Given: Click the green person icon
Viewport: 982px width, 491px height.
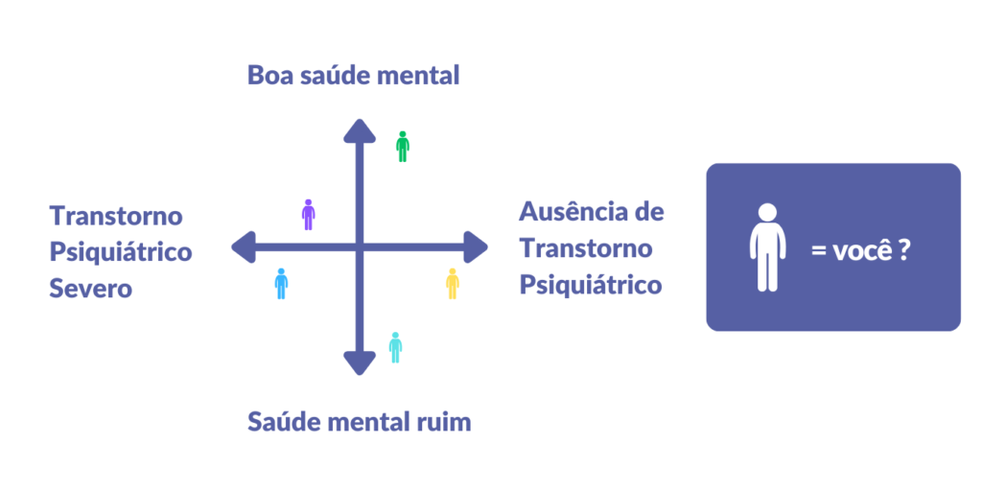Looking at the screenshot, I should coord(403,147).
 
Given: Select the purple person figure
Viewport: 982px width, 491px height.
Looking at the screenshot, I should coord(308,215).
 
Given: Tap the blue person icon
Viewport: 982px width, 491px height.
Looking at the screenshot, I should coord(281,284).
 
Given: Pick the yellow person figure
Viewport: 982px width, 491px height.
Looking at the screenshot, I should coord(453,284).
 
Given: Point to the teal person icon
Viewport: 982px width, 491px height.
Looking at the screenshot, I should coord(395,347).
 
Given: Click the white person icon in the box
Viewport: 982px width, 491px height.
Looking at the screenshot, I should coord(767,247).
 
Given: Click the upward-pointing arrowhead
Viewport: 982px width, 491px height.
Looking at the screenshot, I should coord(359,131).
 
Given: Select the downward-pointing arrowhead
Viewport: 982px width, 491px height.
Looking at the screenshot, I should coord(359,362).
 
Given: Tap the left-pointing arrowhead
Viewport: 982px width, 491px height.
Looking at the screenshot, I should coord(244,247).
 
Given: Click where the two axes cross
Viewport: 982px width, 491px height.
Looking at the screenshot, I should coord(359,247).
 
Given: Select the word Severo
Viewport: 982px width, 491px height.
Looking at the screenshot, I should coord(90,288).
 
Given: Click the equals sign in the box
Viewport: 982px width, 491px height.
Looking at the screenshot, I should coord(818,254).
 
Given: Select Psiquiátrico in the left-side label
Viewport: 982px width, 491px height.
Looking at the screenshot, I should coord(121,252).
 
